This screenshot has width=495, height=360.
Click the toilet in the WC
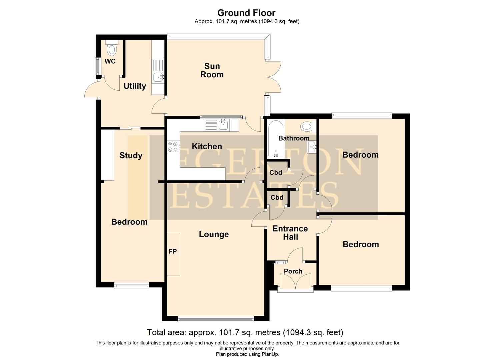[x=112, y=49]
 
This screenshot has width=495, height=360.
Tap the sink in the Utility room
[x=158, y=77]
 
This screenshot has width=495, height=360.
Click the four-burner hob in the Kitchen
[x=173, y=146]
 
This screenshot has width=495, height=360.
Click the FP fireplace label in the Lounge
[x=173, y=252]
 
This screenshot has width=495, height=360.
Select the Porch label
[x=293, y=271]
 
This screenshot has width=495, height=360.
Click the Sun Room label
[x=212, y=70]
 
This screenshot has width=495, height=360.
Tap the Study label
[x=131, y=155]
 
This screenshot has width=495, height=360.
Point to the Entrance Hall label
[x=290, y=233]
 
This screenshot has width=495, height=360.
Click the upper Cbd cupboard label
[x=276, y=173]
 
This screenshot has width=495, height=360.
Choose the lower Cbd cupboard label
[x=277, y=198]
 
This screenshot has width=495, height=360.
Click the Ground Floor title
[x=246, y=13]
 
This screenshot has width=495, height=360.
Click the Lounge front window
[x=216, y=319]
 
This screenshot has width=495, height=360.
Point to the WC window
[x=98, y=66]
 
